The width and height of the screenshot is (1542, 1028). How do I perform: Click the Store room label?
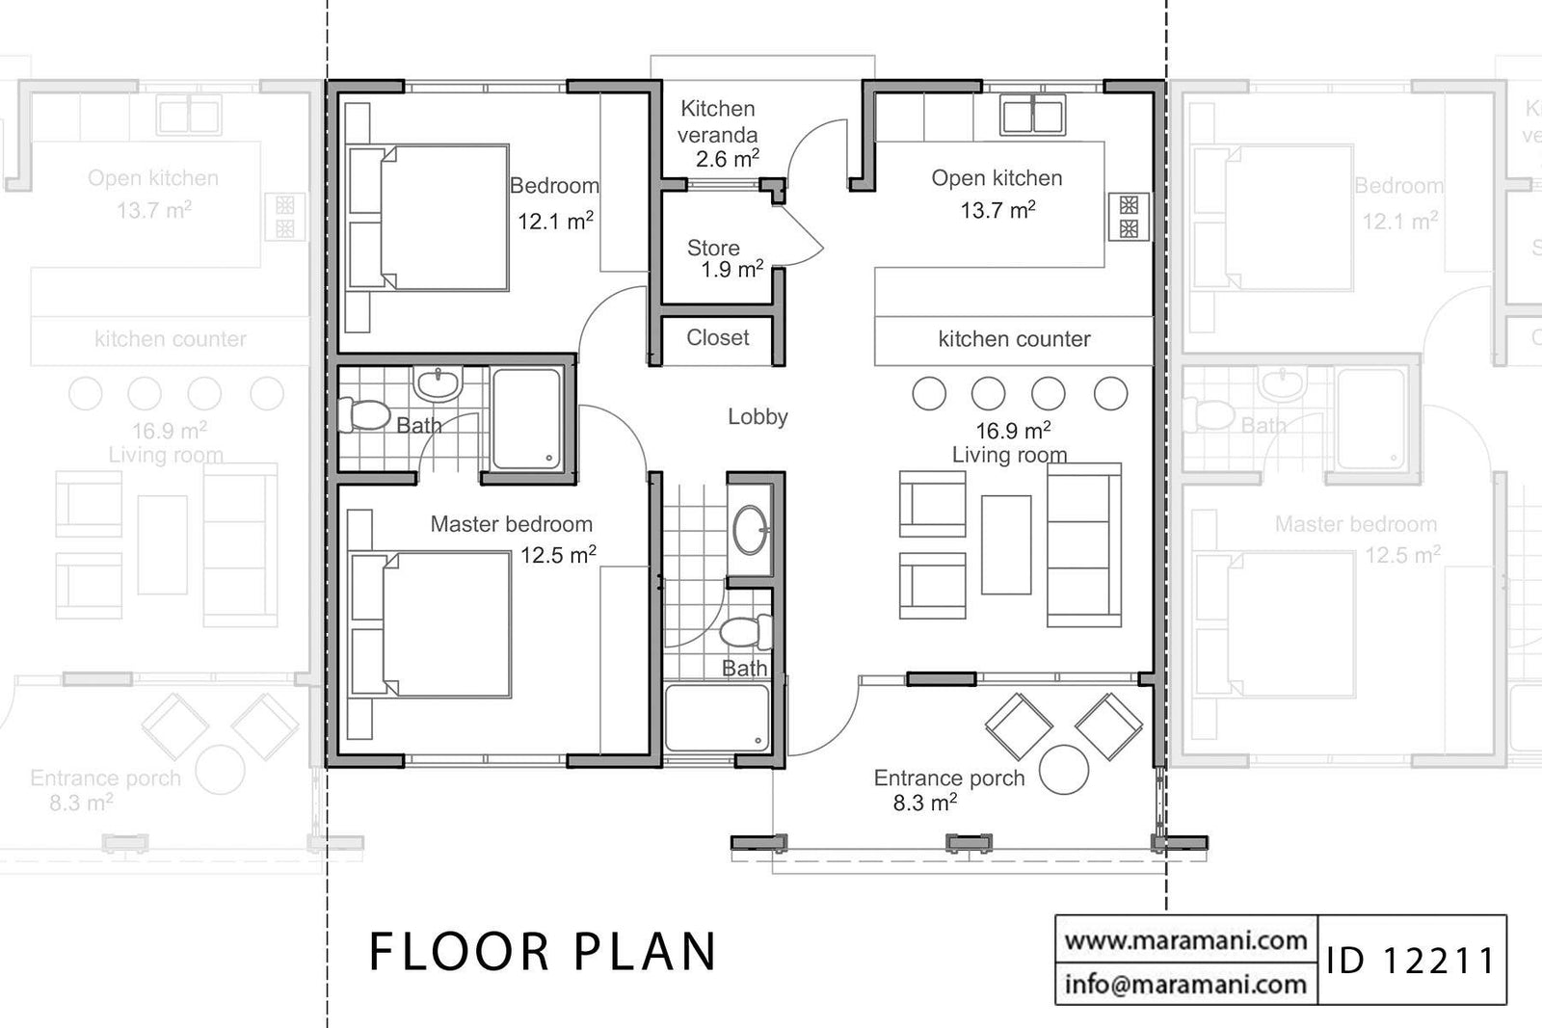pyautogui.click(x=713, y=249)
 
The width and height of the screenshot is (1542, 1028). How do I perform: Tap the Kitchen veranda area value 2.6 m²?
pyautogui.click(x=727, y=159)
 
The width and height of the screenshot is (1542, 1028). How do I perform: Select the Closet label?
pyautogui.click(x=717, y=337)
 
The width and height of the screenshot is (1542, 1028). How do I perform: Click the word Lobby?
pyautogui.click(x=758, y=416)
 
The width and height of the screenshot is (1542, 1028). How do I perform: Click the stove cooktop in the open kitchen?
pyautogui.click(x=1129, y=217)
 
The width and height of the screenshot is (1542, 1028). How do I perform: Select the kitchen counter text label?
pyautogui.click(x=1014, y=339)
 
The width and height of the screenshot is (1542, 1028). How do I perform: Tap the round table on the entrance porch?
pyautogui.click(x=1065, y=770)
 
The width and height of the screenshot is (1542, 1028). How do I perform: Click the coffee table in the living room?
pyautogui.click(x=1006, y=544)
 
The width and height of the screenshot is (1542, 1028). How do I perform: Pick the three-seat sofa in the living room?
pyautogui.click(x=1084, y=545)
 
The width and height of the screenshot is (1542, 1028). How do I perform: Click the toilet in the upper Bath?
pyautogui.click(x=362, y=415)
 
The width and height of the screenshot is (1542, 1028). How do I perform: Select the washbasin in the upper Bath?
pyautogui.click(x=439, y=384)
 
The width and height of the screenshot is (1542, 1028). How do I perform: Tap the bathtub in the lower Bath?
pyautogui.click(x=717, y=718)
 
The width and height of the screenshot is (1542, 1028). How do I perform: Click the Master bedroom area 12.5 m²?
pyautogui.click(x=558, y=555)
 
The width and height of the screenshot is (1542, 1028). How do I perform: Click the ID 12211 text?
pyautogui.click(x=1410, y=961)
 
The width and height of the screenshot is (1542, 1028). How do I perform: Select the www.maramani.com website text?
pyautogui.click(x=1185, y=939)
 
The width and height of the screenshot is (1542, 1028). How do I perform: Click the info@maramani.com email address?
pyautogui.click(x=1185, y=984)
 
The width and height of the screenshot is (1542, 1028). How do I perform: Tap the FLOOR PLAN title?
pyautogui.click(x=544, y=952)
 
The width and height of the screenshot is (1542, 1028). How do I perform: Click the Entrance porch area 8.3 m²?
pyautogui.click(x=924, y=803)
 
